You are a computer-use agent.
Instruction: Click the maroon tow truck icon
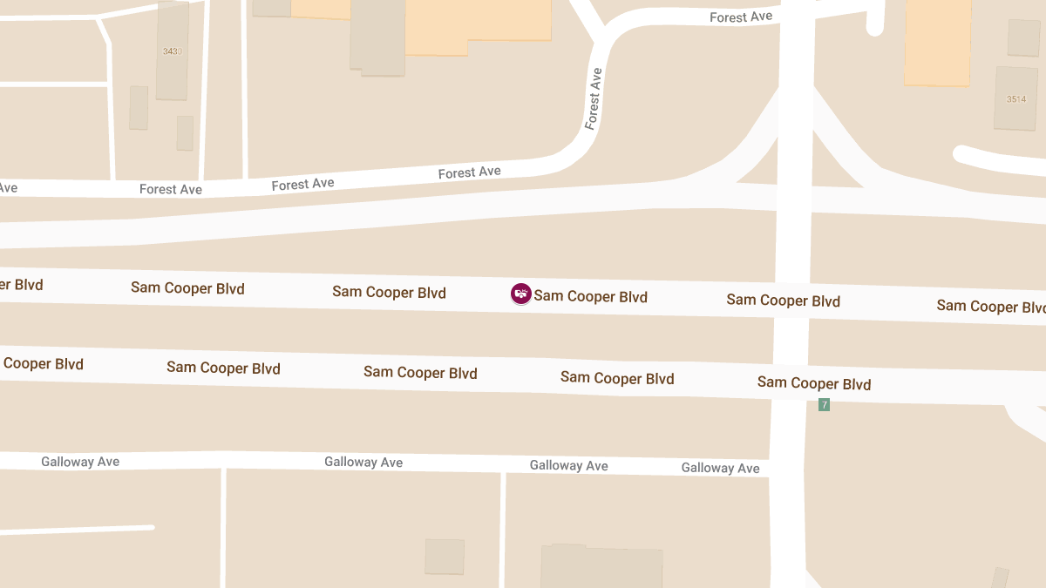[521, 294]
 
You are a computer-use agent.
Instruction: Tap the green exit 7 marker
[824, 404]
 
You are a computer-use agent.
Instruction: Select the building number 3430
[172, 51]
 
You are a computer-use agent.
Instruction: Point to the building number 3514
[1016, 99]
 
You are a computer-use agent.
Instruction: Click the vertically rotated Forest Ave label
[594, 98]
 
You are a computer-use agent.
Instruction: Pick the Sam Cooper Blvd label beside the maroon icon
[590, 296]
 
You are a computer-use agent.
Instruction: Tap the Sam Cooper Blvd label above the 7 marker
[813, 382]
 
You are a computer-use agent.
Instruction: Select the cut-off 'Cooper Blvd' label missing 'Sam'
[43, 364]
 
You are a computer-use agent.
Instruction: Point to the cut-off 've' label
[8, 187]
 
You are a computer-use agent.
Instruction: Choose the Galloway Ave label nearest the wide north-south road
[720, 468]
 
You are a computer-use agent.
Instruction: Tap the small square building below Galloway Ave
[445, 556]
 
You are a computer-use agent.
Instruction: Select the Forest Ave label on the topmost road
[740, 17]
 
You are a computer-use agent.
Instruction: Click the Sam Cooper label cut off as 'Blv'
[990, 306]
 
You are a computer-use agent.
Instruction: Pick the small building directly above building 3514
[1023, 37]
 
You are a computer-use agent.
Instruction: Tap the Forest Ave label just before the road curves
[469, 172]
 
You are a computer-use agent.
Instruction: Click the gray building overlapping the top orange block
[377, 37]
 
